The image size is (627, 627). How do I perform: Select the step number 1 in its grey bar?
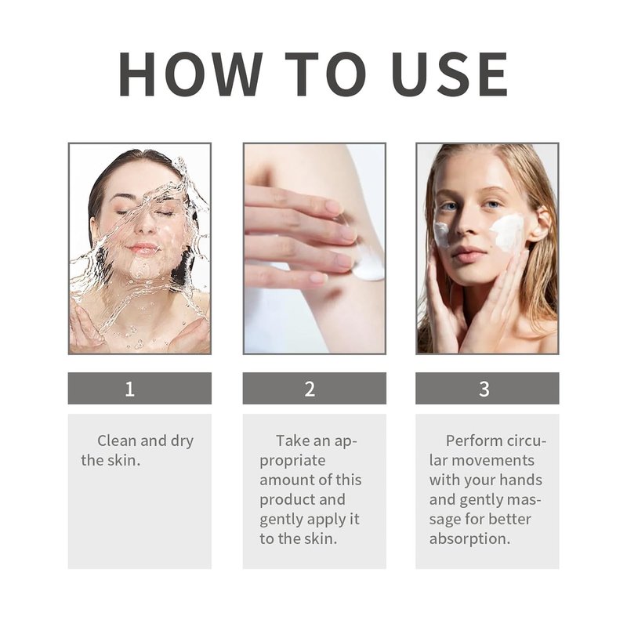tap(129, 389)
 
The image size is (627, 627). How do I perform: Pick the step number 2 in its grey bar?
tap(310, 389)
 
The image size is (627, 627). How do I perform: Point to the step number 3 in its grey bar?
tap(484, 389)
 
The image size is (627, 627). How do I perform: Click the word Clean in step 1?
tap(117, 440)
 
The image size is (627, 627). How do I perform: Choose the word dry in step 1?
tap(182, 441)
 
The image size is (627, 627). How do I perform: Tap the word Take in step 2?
tap(292, 440)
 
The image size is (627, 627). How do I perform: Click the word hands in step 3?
tap(520, 480)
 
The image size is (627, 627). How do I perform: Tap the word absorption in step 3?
tap(469, 539)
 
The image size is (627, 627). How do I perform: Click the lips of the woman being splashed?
tap(143, 249)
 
